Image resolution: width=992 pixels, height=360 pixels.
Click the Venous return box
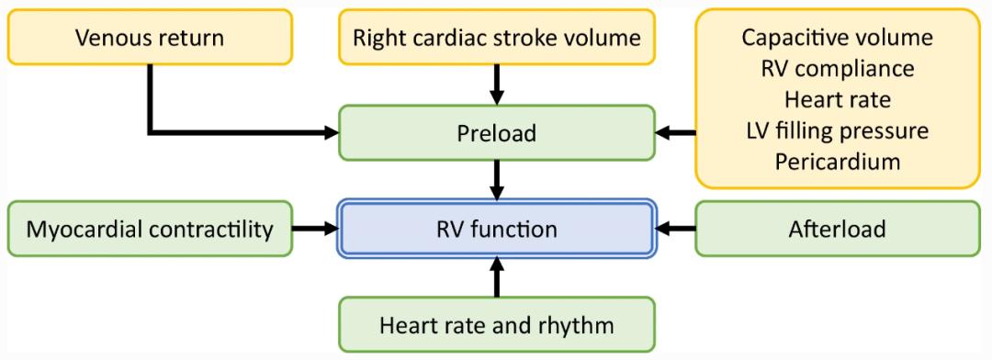click(149, 39)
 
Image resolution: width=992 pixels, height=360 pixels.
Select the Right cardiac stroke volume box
click(497, 39)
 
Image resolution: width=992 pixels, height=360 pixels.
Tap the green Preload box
click(497, 134)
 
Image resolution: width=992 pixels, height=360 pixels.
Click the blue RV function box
click(497, 229)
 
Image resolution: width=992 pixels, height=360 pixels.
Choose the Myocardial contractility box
click(149, 229)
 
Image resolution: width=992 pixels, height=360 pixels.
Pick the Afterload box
click(837, 229)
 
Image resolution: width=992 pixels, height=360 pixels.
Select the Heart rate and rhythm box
click(497, 323)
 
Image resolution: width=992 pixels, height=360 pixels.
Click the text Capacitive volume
click(837, 39)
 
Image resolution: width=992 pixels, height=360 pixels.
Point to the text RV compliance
click(837, 69)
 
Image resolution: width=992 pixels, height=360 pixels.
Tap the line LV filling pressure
click(837, 130)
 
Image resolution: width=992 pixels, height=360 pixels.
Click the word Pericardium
click(837, 161)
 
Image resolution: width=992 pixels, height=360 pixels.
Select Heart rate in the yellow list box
click(837, 99)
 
